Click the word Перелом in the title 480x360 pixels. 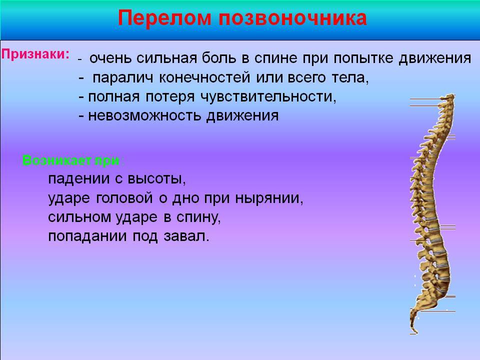[x=164, y=18]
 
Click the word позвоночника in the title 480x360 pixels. [x=292, y=18]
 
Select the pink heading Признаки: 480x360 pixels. [x=35, y=54]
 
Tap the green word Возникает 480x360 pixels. [x=57, y=160]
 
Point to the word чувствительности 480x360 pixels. [x=268, y=97]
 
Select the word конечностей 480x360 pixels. [x=205, y=78]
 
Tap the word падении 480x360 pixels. [x=78, y=179]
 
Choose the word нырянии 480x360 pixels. [x=269, y=198]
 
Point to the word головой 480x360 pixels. [x=124, y=198]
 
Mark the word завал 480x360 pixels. [x=186, y=236]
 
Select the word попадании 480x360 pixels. [x=87, y=236]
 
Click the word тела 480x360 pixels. [x=350, y=78]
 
